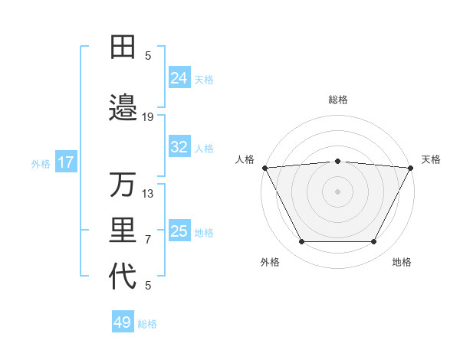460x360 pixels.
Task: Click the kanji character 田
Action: point(122,46)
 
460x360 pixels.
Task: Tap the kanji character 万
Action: point(122,185)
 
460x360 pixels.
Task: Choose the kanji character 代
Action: point(122,277)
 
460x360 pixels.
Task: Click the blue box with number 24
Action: point(179,78)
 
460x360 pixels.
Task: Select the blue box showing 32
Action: point(179,147)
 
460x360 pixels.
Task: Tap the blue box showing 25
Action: point(179,231)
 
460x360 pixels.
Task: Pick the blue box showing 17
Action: point(65,162)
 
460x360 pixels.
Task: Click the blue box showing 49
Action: point(123,322)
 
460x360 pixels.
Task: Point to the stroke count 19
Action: point(148,116)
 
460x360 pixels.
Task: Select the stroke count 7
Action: point(148,240)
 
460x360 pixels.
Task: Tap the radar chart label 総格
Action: point(337,100)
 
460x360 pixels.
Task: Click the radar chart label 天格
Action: point(431,159)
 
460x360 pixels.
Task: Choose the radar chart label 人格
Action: point(245,159)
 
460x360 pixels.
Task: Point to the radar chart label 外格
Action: point(270,262)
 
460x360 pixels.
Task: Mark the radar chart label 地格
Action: point(402,262)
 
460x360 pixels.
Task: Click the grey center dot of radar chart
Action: point(337,191)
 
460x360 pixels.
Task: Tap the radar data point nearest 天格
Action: point(411,167)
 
